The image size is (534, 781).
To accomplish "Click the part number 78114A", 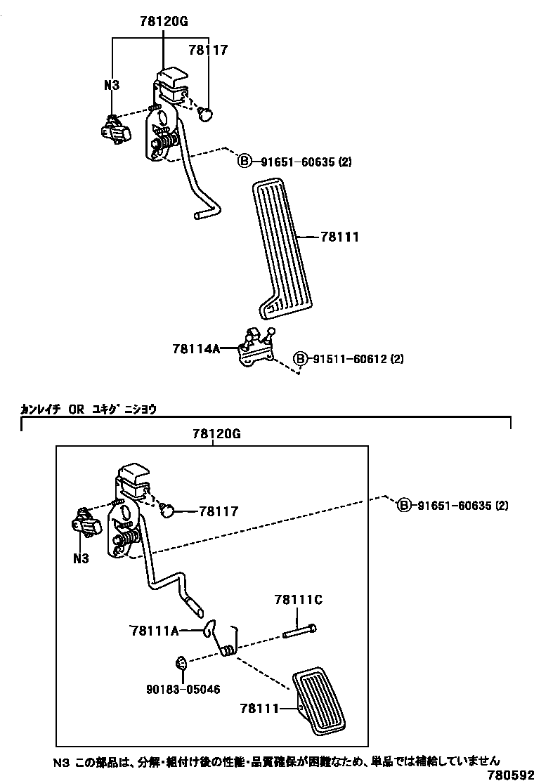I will coord(196,348).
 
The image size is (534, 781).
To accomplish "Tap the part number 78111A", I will coord(155,630).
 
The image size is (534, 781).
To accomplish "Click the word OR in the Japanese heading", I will coord(77,408).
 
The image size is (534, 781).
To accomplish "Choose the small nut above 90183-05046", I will coord(181,662).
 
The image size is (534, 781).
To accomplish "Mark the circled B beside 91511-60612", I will coord(299,359).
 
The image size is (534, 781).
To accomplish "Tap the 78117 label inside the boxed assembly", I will coord(219,512).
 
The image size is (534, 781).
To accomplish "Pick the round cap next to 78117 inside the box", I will coord(169,511).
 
